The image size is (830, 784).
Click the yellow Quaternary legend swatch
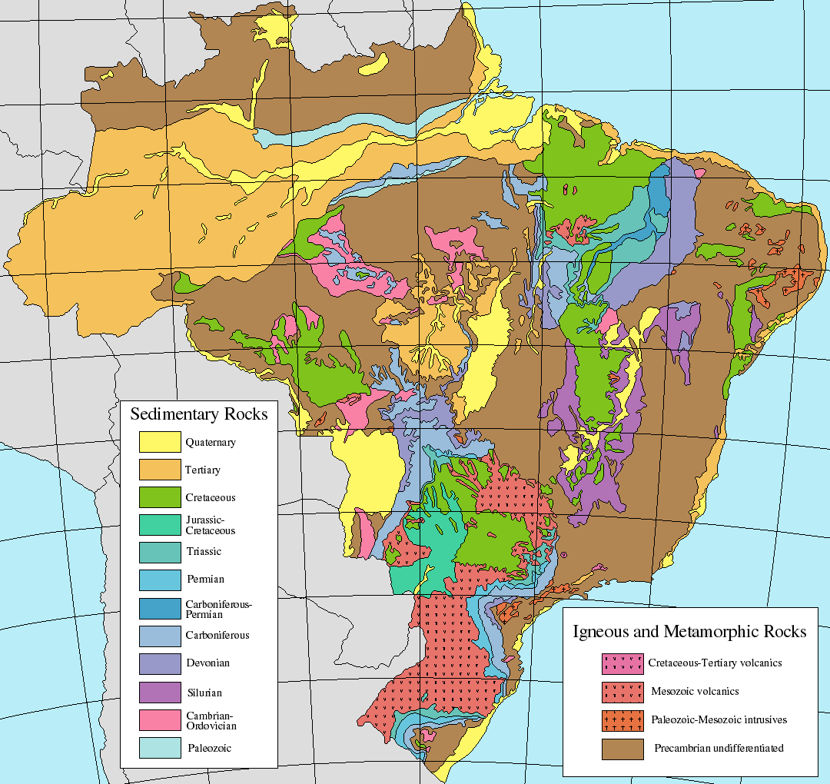(160, 442)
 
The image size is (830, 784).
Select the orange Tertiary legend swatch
(160, 470)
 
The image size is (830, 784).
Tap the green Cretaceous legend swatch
(160, 497)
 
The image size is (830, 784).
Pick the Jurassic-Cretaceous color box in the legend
(160, 525)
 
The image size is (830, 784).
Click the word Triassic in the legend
(204, 552)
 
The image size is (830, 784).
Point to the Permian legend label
(205, 580)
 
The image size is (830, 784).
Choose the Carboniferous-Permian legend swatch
(160, 608)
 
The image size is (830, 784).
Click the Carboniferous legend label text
(217, 636)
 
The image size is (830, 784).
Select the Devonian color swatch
(160, 663)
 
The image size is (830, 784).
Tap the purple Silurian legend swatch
(160, 692)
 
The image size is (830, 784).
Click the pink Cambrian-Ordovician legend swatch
(160, 719)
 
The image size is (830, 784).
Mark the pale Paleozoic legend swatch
(160, 747)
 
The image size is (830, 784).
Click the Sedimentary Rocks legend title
(199, 414)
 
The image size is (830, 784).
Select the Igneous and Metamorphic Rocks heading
(689, 632)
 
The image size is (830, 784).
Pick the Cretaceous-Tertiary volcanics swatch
(622, 663)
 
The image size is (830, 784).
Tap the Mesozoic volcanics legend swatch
(622, 691)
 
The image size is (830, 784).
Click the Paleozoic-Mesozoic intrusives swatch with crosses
(622, 720)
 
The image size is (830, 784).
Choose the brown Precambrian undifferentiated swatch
(622, 748)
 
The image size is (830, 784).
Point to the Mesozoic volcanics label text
(694, 691)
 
